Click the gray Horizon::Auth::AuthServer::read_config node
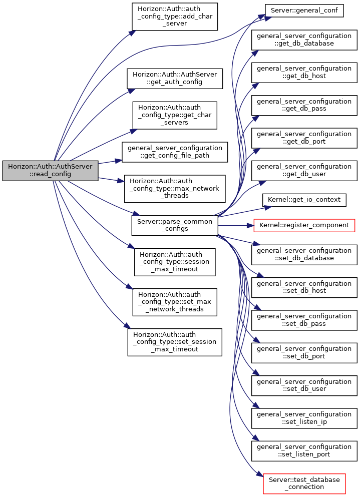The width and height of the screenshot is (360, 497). (x=50, y=171)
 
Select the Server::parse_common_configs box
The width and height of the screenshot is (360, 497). (x=175, y=225)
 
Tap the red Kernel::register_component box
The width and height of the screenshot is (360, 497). (x=304, y=225)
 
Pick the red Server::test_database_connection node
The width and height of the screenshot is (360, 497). (x=304, y=483)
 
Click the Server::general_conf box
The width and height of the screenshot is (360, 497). (x=304, y=11)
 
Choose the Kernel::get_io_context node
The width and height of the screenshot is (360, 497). (x=304, y=200)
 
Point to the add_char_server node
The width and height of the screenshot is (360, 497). (x=175, y=17)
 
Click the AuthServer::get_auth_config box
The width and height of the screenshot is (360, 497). (x=175, y=79)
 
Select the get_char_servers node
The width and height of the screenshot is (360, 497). (x=175, y=116)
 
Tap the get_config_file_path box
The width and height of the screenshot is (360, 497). (x=175, y=152)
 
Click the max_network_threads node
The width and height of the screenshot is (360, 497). (x=175, y=189)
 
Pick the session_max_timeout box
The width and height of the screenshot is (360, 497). (x=175, y=262)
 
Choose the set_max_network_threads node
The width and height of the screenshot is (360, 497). (x=175, y=302)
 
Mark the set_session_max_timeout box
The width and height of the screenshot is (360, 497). (x=175, y=342)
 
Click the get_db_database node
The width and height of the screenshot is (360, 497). (x=304, y=40)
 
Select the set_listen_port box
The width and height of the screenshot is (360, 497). (x=304, y=451)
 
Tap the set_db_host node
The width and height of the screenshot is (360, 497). (x=304, y=287)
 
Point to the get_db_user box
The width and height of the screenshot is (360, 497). (x=304, y=171)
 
